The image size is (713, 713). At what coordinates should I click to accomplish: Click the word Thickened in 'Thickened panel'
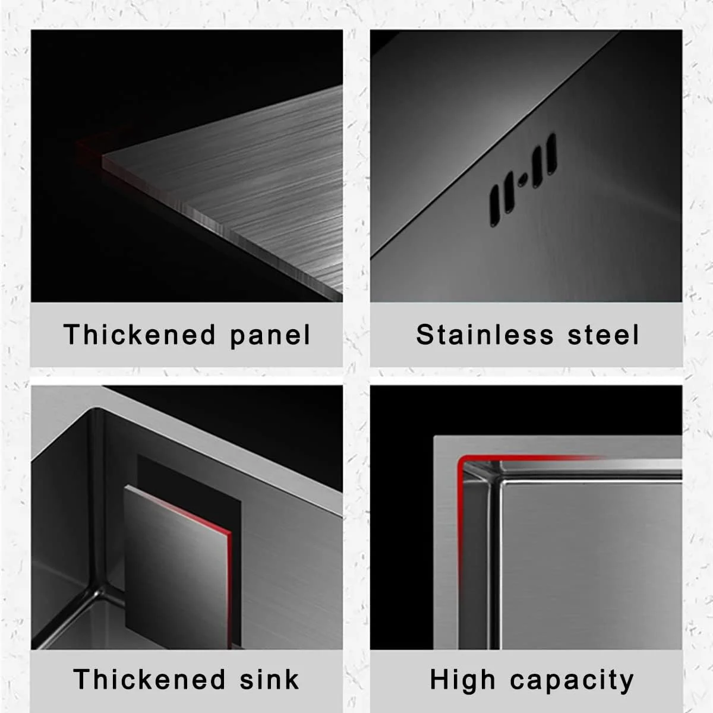pyautogui.click(x=139, y=335)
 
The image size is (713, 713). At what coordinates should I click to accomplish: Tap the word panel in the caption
pyautogui.click(x=270, y=336)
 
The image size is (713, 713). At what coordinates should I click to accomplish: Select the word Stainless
pyautogui.click(x=485, y=335)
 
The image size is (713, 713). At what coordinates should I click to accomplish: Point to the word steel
pyautogui.click(x=603, y=335)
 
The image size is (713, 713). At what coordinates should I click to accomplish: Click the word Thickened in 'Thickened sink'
pyautogui.click(x=149, y=679)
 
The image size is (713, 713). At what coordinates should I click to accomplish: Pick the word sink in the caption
pyautogui.click(x=269, y=679)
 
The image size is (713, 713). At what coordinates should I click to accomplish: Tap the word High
pyautogui.click(x=462, y=681)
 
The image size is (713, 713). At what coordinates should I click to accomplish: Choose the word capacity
pyautogui.click(x=572, y=681)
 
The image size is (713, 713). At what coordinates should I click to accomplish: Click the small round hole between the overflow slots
pyautogui.click(x=522, y=181)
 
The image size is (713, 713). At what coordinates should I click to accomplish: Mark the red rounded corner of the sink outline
pyautogui.click(x=462, y=460)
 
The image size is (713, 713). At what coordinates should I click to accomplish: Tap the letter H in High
pyautogui.click(x=439, y=679)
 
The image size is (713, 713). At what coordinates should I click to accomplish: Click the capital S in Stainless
pyautogui.click(x=425, y=335)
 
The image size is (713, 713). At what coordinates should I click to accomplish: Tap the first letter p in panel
pyautogui.click(x=238, y=339)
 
